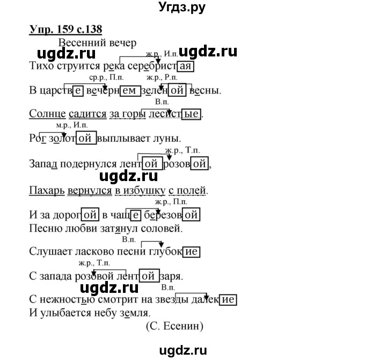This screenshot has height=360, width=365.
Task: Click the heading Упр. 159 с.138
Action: click(65, 30)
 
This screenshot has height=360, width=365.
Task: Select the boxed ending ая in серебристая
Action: click(186, 66)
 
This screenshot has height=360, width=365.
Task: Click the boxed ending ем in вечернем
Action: click(130, 90)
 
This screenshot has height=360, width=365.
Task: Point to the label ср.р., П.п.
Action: click(106, 77)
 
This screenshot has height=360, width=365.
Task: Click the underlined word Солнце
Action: click(47, 114)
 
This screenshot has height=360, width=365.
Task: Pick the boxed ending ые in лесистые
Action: click(191, 114)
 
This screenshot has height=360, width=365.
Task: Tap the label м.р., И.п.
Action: click(72, 125)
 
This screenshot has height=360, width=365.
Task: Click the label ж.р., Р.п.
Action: click(162, 77)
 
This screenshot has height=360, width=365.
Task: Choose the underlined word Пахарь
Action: click(47, 190)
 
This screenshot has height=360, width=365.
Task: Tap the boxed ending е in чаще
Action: click(135, 215)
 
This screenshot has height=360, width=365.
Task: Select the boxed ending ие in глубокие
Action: click(191, 251)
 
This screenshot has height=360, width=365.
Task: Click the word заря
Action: click(171, 276)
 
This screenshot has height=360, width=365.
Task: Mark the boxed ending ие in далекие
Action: click(228, 300)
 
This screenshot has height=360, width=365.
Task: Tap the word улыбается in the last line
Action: click(67, 313)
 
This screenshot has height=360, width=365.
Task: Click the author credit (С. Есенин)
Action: click(174, 326)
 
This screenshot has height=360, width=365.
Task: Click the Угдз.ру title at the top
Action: click(182, 8)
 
